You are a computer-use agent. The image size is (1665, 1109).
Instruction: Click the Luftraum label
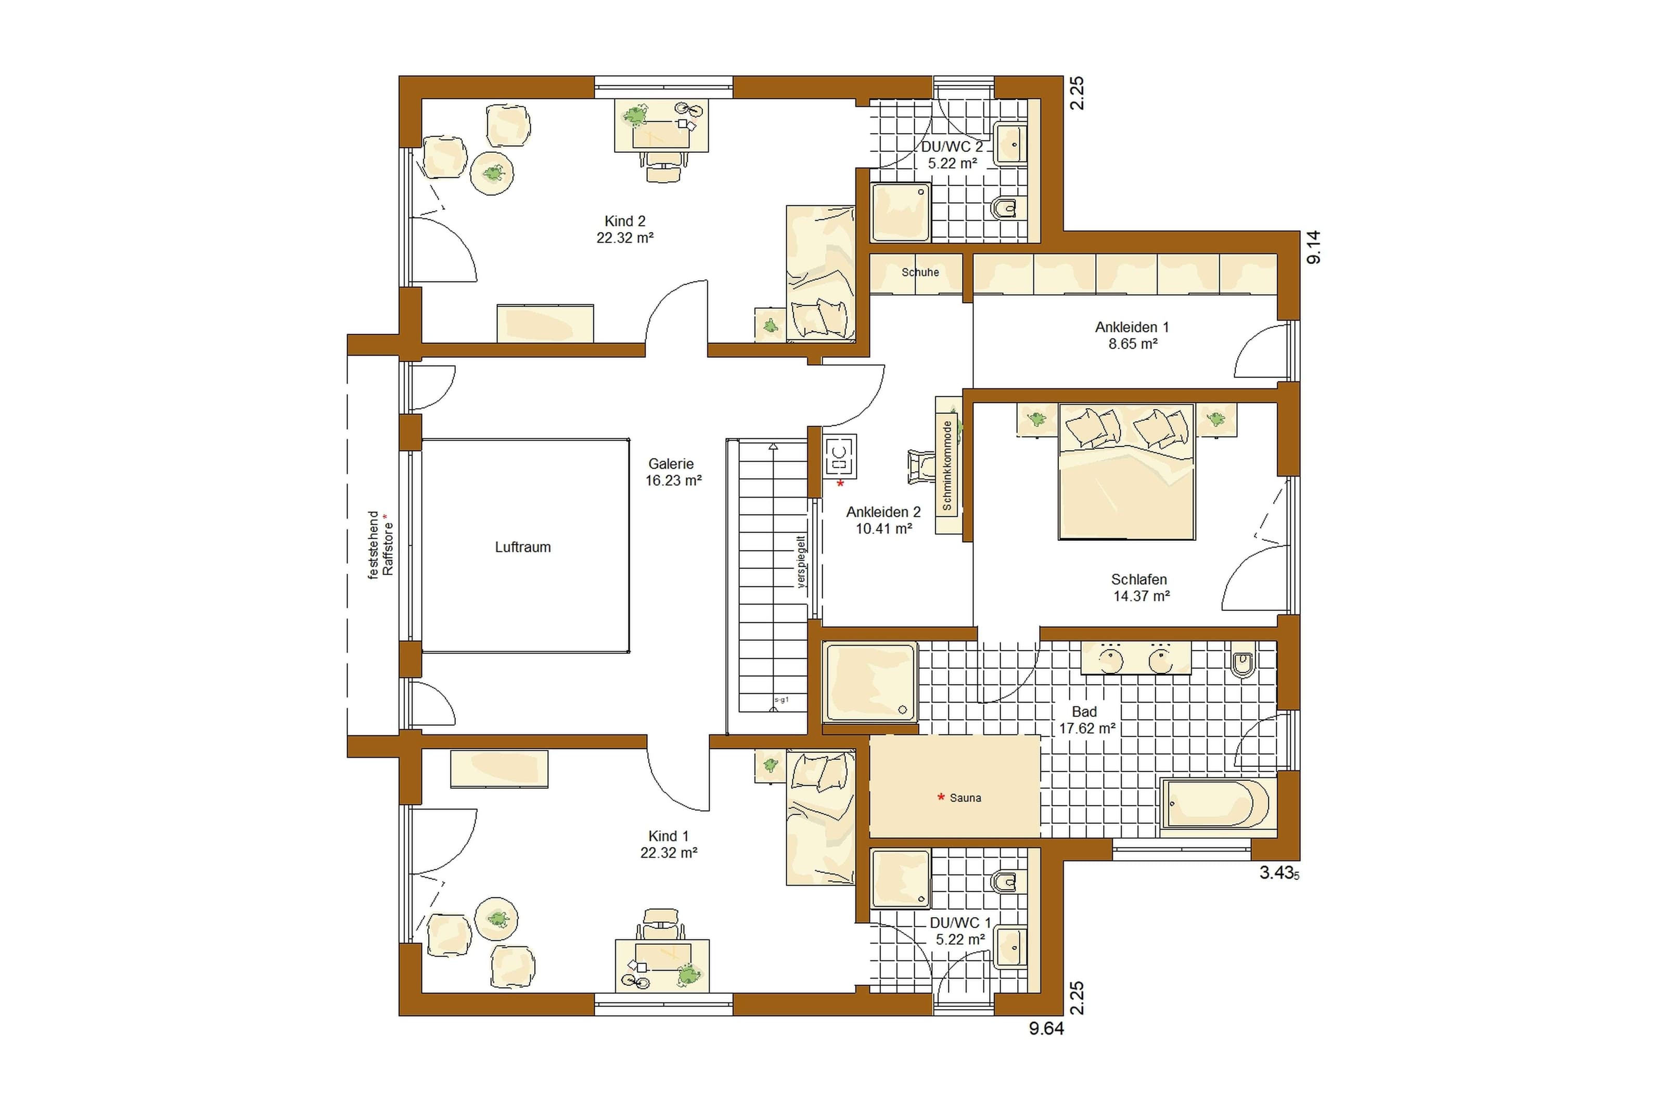(x=522, y=547)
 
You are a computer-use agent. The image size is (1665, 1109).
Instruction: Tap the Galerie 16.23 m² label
(x=673, y=472)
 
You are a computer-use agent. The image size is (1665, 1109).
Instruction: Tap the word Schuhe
(x=920, y=272)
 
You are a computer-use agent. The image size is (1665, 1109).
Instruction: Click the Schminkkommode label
(x=947, y=465)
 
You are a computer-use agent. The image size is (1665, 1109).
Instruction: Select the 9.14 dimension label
(x=1313, y=247)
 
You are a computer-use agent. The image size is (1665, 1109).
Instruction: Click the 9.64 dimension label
(x=1046, y=1028)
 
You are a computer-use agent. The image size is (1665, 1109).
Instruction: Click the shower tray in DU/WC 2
(x=900, y=213)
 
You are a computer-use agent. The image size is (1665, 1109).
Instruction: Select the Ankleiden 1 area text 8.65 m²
(x=1133, y=344)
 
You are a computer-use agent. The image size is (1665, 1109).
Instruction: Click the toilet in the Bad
(x=1243, y=662)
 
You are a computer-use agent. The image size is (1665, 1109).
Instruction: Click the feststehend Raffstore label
(x=380, y=544)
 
